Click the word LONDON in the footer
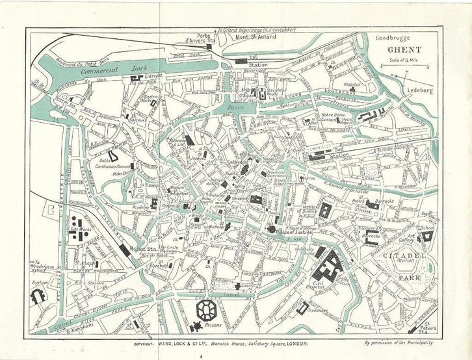(294, 343)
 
